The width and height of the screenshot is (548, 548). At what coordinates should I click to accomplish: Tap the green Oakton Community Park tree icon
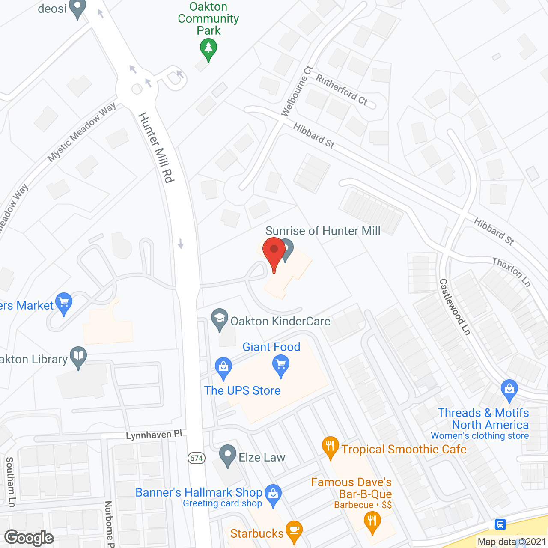208,48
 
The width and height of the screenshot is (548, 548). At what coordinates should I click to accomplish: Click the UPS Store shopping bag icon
223,367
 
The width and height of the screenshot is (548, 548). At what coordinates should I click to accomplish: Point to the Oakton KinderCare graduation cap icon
220,319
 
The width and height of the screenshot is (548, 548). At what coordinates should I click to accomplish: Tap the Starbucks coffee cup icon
294,530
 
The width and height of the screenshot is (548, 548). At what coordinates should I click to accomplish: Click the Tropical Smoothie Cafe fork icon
330,447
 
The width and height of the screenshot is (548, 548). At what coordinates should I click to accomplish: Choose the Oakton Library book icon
78,357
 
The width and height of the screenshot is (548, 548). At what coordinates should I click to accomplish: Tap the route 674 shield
197,458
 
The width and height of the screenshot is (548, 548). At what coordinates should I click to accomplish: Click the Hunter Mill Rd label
157,147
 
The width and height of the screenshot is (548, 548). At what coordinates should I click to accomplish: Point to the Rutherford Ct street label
342,89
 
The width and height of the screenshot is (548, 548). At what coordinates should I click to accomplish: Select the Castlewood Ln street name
455,307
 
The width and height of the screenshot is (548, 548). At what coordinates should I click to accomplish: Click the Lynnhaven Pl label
154,435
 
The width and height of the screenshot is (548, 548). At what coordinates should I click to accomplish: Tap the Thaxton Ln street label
512,272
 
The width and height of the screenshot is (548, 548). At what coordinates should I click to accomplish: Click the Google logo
29,538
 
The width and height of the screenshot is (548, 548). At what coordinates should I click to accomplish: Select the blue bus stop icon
500,524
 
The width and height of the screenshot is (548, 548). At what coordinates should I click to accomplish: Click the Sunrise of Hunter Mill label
323,231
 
